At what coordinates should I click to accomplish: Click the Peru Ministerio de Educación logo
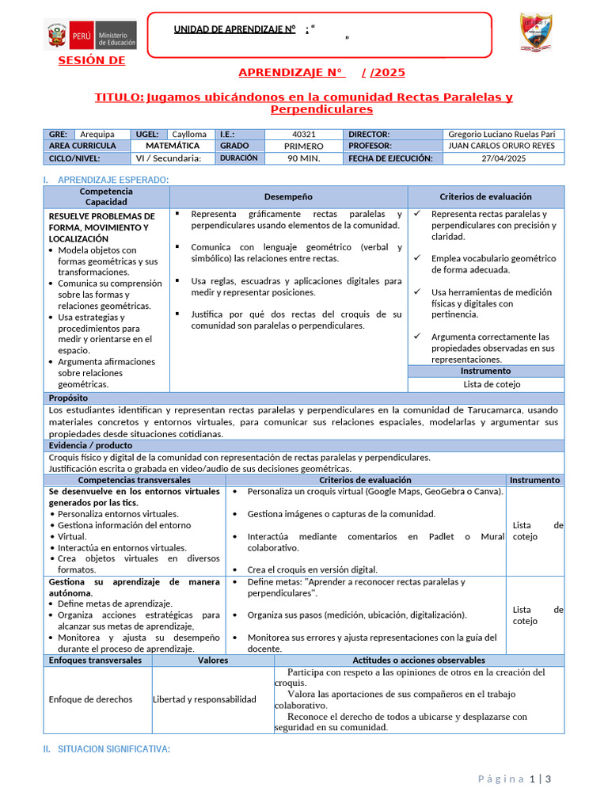90,36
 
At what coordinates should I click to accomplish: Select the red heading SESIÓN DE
91,61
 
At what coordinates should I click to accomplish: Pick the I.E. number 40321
303,135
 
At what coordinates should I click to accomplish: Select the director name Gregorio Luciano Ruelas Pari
501,135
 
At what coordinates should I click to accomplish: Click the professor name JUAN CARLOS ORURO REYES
501,146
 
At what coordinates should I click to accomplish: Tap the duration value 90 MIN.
303,158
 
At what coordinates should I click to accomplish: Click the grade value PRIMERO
303,147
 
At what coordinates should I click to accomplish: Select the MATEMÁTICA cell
173,146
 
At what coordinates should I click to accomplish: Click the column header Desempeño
288,196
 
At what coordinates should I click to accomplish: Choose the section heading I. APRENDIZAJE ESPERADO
106,180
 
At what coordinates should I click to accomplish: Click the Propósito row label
68,398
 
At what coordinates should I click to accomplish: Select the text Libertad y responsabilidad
204,699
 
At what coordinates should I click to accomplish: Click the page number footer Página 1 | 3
514,779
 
